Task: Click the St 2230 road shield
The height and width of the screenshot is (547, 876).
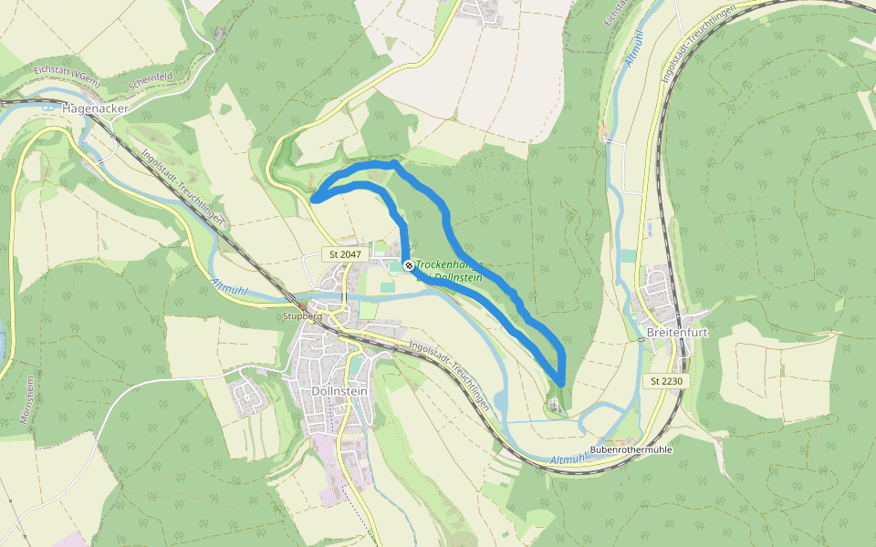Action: point(666,380)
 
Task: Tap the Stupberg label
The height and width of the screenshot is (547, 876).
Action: point(304,316)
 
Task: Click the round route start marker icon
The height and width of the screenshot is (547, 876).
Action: point(409,265)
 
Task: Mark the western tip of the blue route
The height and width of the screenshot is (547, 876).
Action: point(313,198)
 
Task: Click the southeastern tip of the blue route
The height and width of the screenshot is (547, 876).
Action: point(560,384)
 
